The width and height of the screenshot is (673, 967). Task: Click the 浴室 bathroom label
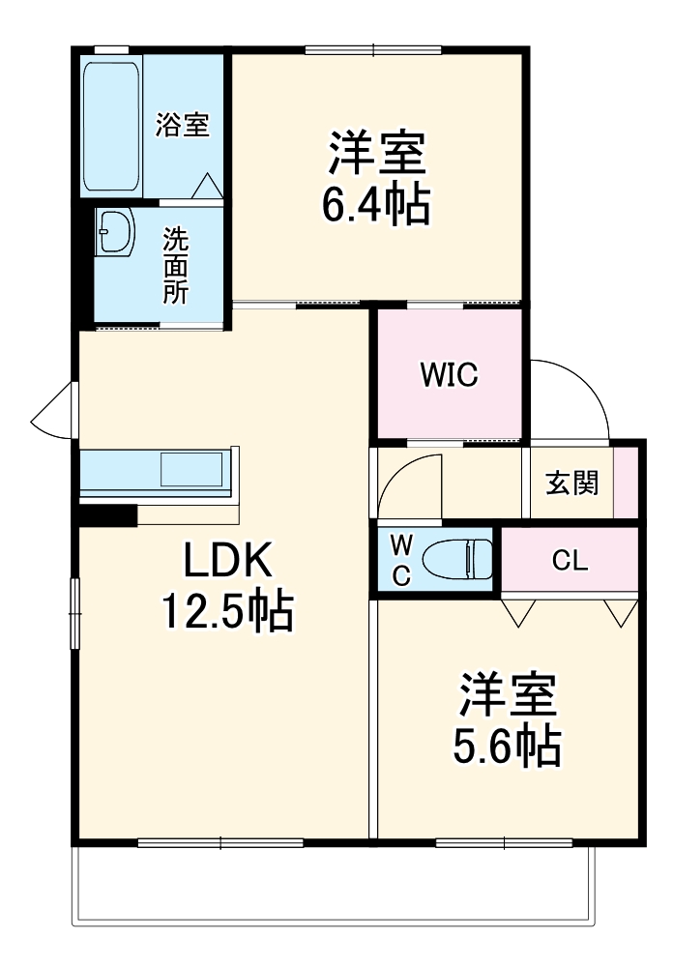[183, 125]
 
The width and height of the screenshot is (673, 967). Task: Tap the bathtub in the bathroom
[112, 127]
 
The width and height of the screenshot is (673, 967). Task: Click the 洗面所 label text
[175, 265]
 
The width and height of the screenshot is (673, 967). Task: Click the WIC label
[449, 375]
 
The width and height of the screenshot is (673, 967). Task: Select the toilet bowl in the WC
[459, 559]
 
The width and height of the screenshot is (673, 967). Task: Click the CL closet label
[570, 561]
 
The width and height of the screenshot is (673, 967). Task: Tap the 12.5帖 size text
[227, 611]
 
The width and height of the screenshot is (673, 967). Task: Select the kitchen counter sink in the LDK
[193, 471]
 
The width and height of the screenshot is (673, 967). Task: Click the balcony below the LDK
[329, 885]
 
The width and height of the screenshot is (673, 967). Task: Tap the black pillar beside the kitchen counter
[107, 515]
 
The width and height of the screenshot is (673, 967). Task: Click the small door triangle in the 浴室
[208, 187]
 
